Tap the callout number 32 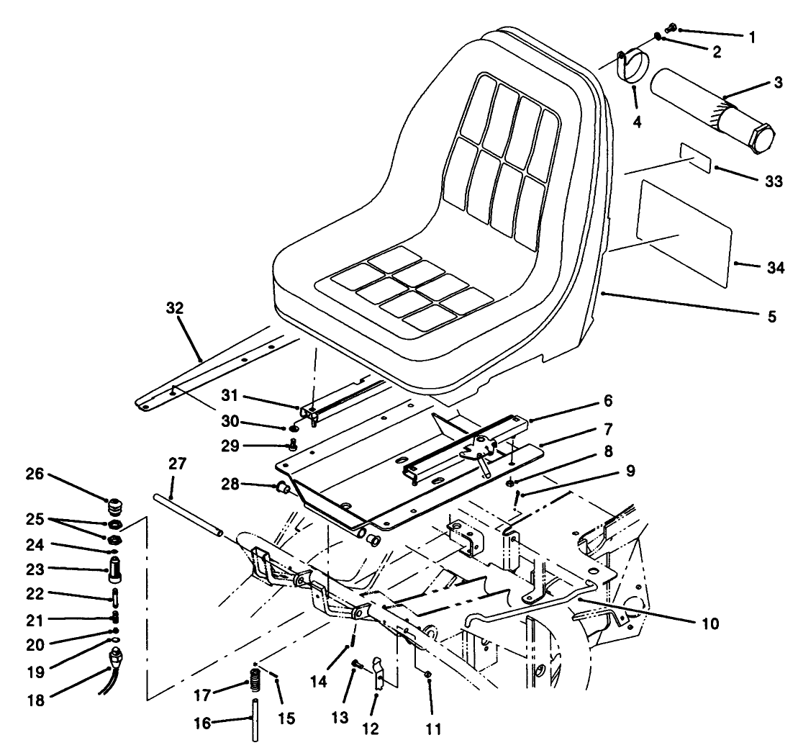(x=175, y=309)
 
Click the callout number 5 (x=771, y=315)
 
